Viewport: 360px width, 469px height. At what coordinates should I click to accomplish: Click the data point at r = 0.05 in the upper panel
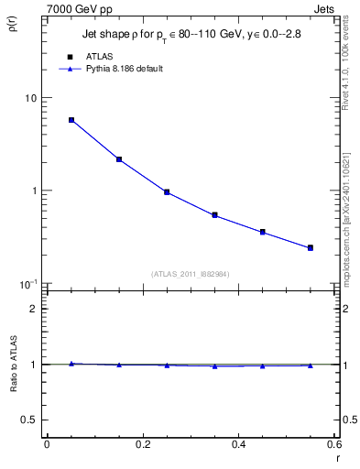pos(71,120)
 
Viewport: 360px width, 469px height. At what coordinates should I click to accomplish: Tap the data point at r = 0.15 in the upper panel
pos(119,159)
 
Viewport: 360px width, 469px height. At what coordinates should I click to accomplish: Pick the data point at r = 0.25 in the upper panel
pos(167,192)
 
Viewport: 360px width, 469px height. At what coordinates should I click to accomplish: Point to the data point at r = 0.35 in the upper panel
pos(214,215)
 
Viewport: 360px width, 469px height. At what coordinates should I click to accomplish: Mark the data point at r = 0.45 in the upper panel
pos(262,232)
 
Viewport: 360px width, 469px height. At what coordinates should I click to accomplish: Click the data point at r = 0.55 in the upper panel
pos(311,247)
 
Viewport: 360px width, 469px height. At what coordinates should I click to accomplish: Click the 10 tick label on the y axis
pos(30,98)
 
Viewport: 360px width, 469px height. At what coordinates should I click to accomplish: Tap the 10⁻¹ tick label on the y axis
pos(27,284)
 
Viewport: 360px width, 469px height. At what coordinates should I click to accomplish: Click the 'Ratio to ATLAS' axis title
pos(13,365)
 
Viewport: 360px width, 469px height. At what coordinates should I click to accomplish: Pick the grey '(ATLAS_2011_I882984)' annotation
pos(190,273)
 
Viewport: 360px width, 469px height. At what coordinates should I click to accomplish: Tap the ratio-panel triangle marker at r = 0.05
pos(71,364)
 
